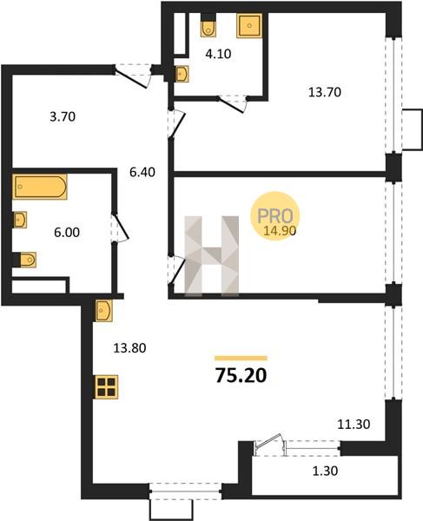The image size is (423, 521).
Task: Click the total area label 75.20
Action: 241,375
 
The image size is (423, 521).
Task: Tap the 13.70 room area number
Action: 325,92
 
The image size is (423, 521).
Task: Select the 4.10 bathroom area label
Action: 218,54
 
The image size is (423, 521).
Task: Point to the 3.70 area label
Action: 63,116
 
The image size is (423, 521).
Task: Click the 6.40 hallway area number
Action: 142,172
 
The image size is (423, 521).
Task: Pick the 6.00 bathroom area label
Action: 67,232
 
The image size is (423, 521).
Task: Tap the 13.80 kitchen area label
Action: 129,348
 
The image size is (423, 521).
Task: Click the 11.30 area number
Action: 354,425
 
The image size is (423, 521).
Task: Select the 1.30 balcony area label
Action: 326,471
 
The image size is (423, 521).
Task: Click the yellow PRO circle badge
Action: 275,216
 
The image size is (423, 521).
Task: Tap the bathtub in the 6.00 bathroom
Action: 40,187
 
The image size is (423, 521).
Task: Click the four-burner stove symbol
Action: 107,386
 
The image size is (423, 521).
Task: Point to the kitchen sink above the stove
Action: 104,310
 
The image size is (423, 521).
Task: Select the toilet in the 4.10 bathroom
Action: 208,29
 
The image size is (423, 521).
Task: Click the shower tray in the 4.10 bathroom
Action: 249,25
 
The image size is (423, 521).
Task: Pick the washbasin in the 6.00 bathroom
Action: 20,220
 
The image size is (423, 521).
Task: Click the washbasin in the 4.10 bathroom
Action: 182,74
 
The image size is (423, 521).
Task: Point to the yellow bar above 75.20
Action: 241,358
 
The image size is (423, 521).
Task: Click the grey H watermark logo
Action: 212,255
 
